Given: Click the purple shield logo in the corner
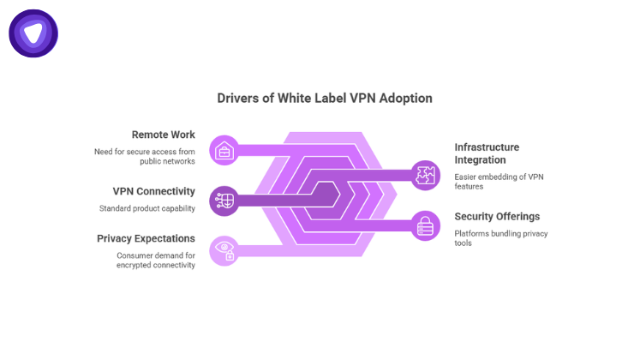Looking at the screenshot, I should click(33, 33).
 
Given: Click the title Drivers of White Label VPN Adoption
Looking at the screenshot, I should click(325, 98).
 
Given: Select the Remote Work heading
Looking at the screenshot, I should click(163, 135).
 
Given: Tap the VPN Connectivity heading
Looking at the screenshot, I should click(153, 191).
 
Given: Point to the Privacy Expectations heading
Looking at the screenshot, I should click(146, 238).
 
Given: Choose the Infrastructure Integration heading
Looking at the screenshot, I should click(487, 153).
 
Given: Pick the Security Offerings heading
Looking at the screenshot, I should click(497, 217).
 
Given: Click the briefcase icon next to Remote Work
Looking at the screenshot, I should click(224, 151).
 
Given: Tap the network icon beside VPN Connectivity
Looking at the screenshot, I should click(224, 201).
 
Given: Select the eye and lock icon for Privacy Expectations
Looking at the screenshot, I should click(224, 250).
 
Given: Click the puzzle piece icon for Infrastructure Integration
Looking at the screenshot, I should click(425, 175).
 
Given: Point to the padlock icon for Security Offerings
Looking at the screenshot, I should click(425, 225).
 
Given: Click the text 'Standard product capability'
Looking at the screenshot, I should click(147, 208).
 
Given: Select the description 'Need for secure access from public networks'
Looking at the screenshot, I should click(145, 156).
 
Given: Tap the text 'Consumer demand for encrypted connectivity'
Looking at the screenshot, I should click(156, 260).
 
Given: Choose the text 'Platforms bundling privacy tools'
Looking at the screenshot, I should click(500, 238).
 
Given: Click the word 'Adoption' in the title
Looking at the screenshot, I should click(406, 98).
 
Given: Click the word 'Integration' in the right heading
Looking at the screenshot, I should click(480, 160).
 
